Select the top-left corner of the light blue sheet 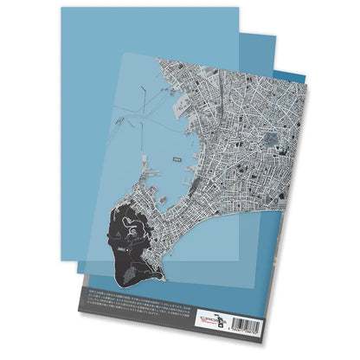pyautogui.click(x=62, y=9)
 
